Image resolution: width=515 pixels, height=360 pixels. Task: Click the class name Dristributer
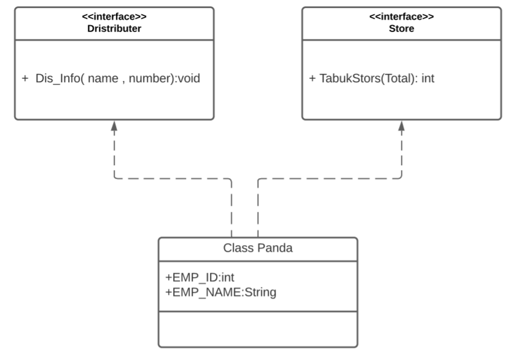coord(114,28)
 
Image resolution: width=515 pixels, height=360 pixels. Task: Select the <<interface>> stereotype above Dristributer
coord(114,17)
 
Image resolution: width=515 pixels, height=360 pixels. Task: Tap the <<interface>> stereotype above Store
coord(401,17)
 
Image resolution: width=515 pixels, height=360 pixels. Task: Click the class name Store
coord(401,28)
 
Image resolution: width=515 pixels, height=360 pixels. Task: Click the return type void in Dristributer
coord(188,79)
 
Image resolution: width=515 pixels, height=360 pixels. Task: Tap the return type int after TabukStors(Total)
coord(428,79)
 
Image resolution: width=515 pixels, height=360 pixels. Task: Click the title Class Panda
coord(257,249)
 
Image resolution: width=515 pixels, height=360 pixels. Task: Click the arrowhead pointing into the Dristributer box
coord(114,126)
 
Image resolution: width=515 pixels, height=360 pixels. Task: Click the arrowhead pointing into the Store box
coord(401,126)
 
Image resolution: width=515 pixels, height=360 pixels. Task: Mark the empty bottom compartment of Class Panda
coord(257,329)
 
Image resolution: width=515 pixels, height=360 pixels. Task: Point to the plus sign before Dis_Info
coord(25,79)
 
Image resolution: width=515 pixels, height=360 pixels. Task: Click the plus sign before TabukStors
coord(312,79)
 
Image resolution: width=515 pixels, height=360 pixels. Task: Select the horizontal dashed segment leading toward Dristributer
coord(172,179)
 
